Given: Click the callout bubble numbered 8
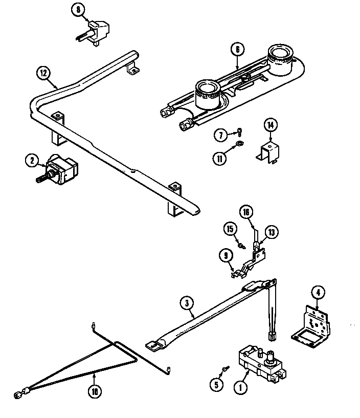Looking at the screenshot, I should click(x=77, y=10).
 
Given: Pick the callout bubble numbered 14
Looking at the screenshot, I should click(x=271, y=125).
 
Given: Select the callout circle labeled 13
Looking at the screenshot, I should click(x=272, y=232).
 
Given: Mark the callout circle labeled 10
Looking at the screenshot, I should click(x=94, y=392).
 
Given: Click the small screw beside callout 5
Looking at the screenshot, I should click(x=224, y=369).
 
